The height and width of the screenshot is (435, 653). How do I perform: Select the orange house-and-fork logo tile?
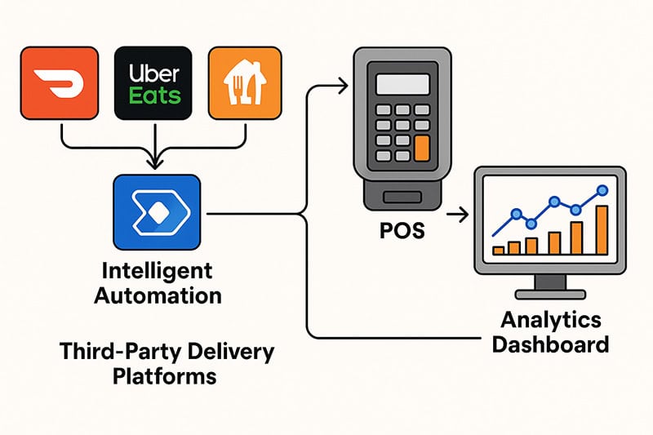[x=245, y=82]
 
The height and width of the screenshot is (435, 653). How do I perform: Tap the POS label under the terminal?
[x=402, y=230]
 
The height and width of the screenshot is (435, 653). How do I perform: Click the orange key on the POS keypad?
[x=421, y=149]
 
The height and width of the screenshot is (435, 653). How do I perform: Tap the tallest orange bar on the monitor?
[x=602, y=230]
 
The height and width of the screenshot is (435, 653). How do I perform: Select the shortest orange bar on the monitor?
[x=498, y=250]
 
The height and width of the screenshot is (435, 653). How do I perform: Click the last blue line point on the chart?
[x=602, y=190]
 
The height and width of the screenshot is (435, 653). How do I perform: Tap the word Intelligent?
[x=158, y=270]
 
